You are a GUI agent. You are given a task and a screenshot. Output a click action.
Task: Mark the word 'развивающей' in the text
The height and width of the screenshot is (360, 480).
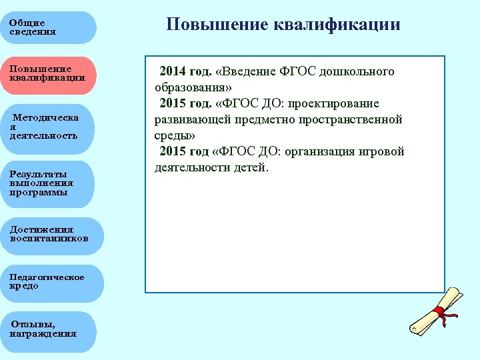pos(189,119)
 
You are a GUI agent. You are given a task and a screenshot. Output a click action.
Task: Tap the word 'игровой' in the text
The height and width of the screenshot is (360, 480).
pos(383,151)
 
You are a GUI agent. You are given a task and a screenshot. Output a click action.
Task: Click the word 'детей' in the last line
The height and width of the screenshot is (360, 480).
pos(249,167)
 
